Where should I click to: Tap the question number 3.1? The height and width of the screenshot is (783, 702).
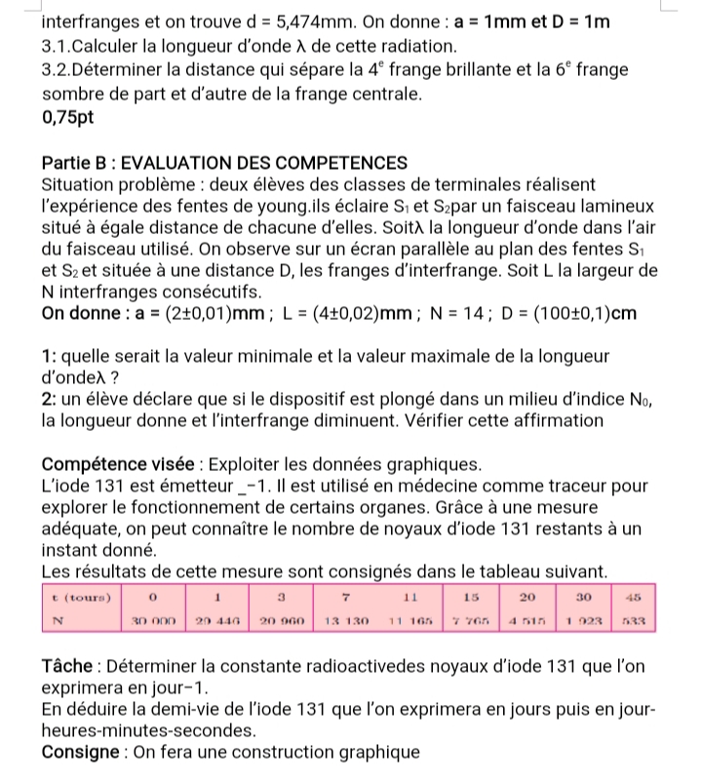(59, 46)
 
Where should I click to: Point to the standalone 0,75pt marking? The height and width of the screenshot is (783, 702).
(71, 119)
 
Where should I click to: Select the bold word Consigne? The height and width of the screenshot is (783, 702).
(81, 752)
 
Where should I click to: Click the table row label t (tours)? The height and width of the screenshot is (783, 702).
(81, 594)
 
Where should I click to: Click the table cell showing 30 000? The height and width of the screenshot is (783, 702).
(153, 618)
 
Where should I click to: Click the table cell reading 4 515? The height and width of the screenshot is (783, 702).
(527, 618)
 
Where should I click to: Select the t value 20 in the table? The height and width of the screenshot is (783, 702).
(527, 594)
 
